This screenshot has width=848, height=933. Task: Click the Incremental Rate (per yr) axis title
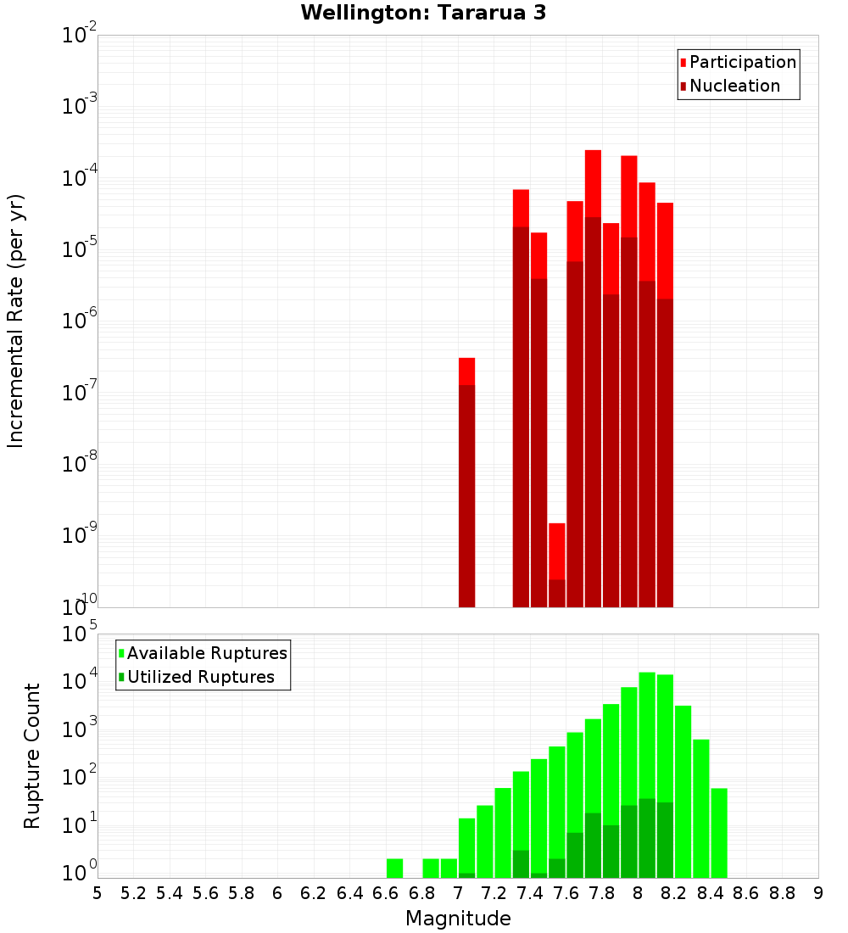pos(16,321)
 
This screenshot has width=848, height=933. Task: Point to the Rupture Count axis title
pos(32,756)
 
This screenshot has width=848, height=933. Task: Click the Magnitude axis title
pos(458,919)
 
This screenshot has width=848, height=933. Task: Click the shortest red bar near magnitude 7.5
pos(556,564)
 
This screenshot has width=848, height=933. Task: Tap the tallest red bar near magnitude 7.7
pos(593,377)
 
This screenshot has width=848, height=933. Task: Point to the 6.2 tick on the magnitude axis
pos(314,893)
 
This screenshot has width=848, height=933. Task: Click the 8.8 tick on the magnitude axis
pos(782,893)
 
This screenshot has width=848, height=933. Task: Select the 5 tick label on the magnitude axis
pos(98,893)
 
